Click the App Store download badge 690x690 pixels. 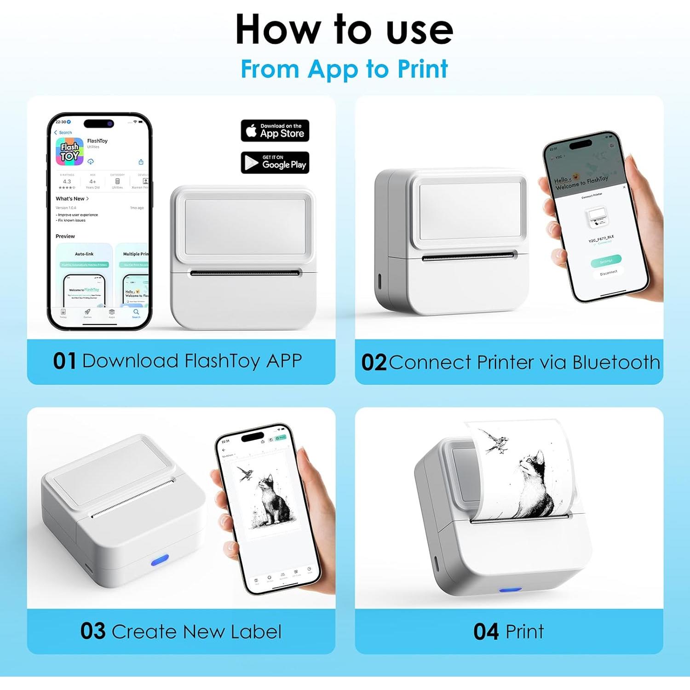pos(275,131)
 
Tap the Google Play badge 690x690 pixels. pos(275,162)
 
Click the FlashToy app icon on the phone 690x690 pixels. pos(69,152)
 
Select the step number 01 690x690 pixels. pos(64,361)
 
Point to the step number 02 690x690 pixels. pos(374,362)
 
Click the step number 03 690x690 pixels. pos(92,631)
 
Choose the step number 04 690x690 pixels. pos(486,631)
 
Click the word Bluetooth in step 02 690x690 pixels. pos(616,362)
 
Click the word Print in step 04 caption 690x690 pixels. pos(524,631)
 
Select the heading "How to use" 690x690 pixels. pos(344,29)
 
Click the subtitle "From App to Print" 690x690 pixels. pos(344,69)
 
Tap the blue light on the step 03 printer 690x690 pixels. pos(160,560)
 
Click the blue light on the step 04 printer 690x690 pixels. pos(510,590)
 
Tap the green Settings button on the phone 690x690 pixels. pos(606,261)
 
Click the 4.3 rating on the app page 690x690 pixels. pos(67,181)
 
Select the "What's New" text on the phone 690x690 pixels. pos(70,199)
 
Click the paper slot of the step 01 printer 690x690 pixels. pos(244,273)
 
